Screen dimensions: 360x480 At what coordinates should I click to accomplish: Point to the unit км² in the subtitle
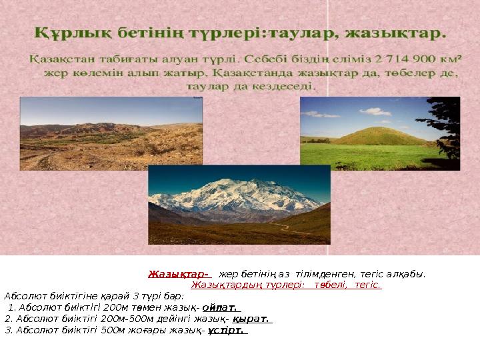(451, 58)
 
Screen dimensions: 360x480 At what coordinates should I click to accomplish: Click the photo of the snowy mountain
(239, 204)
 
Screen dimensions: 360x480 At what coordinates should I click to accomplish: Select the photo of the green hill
(379, 133)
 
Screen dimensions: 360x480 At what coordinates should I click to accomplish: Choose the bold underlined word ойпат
(221, 307)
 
